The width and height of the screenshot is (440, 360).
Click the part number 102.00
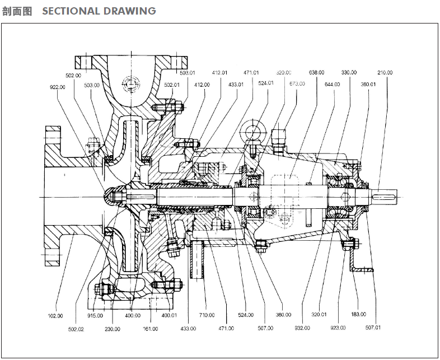coord(55,316)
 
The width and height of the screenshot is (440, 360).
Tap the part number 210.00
coord(385,72)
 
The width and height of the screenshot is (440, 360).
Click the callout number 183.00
coord(358,314)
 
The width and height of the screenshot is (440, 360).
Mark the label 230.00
coord(113,329)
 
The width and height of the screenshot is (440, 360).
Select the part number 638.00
coord(317,72)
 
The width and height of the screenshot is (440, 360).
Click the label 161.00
coord(151,329)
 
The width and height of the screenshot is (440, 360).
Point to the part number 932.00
coord(302,328)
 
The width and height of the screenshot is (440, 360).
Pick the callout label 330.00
coord(349,72)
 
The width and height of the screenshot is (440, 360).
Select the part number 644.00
coord(333,85)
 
